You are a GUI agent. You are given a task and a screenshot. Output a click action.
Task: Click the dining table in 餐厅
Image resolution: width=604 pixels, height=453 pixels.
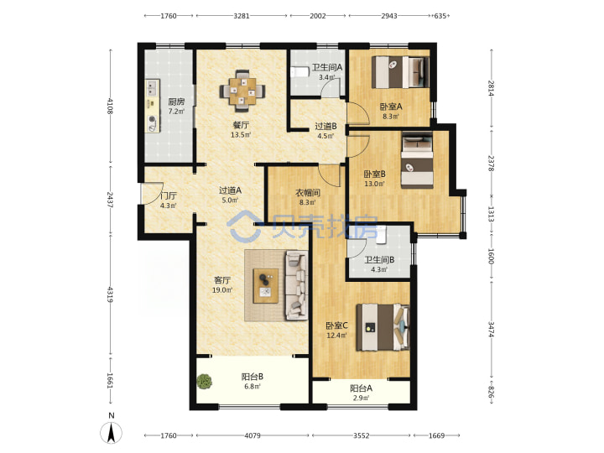pyautogui.click(x=242, y=91)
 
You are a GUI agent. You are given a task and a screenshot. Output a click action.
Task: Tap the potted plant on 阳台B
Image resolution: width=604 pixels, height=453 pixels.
pyautogui.click(x=204, y=382)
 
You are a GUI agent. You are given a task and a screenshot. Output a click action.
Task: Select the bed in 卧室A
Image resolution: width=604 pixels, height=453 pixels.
pyautogui.click(x=400, y=72)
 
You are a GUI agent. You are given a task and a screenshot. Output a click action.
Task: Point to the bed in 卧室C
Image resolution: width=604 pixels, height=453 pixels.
pyautogui.click(x=383, y=327)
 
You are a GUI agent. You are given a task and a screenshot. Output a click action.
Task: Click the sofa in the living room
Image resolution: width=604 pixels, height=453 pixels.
pyautogui.click(x=297, y=285)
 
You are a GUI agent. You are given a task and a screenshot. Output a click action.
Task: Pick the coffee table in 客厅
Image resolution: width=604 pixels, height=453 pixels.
pyautogui.click(x=266, y=286)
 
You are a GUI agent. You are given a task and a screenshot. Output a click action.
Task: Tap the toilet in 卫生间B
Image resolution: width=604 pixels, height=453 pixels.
pyautogui.click(x=381, y=235)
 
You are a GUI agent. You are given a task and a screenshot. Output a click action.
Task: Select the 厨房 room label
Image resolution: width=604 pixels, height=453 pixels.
pyautogui.click(x=176, y=102)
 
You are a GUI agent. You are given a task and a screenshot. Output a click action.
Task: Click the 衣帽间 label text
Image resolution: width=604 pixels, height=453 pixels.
pyautogui.click(x=307, y=192)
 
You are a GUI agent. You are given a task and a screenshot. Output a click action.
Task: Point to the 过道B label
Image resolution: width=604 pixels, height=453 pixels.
pyautogui.click(x=325, y=126)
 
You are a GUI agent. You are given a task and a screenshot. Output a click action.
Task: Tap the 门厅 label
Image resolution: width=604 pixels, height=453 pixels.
pyautogui.click(x=169, y=195)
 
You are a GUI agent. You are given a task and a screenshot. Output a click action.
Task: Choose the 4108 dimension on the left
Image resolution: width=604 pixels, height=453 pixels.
pyautogui.click(x=111, y=106)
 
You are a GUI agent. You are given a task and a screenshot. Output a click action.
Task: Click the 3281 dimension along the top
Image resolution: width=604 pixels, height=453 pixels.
pyautogui.click(x=242, y=16)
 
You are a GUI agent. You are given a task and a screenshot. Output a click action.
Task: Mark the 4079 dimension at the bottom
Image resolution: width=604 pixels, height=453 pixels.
pyautogui.click(x=253, y=435)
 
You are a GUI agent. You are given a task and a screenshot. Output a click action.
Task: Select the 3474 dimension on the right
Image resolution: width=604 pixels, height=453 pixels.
pyautogui.click(x=491, y=330)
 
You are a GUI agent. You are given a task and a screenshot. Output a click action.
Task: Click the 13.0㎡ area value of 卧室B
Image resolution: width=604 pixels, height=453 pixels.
pyautogui.click(x=374, y=184)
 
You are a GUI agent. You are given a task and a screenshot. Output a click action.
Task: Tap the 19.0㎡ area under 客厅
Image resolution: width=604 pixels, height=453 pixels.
pyautogui.click(x=222, y=290)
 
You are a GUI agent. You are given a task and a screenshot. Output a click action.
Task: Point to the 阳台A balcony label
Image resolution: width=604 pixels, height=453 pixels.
pyautogui.click(x=361, y=388)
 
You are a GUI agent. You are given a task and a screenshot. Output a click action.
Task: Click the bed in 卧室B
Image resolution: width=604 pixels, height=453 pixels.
pyautogui.click(x=417, y=160)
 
